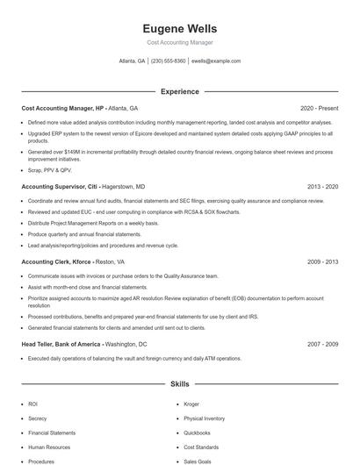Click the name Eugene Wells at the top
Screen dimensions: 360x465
pos(179,29)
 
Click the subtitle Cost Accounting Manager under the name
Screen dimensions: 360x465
pos(179,42)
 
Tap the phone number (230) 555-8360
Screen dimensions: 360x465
pos(169,61)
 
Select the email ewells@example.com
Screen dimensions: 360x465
pos(216,61)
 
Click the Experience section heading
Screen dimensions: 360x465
pos(179,91)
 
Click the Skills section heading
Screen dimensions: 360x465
pos(179,384)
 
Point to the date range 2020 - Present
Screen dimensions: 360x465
pos(319,107)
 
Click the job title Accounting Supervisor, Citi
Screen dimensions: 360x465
pos(60,187)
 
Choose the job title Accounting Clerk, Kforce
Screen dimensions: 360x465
pos(55,261)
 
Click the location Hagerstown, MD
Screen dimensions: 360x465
pos(124,187)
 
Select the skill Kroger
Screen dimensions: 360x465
pos(191,404)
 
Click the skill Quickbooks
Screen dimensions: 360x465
pos(197,433)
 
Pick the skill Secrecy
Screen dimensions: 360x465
pos(38,418)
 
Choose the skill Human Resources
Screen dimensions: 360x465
pos(47,447)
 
